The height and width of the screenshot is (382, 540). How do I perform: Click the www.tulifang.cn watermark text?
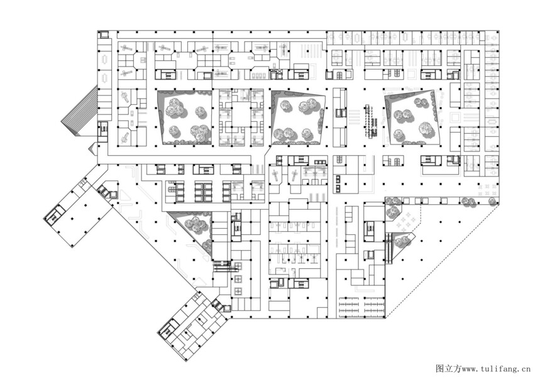[496, 369]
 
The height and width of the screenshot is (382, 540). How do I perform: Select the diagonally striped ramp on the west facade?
[80, 109]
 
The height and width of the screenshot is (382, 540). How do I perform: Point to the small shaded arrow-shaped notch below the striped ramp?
[93, 149]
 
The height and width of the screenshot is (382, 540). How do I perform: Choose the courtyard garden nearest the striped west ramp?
[185, 117]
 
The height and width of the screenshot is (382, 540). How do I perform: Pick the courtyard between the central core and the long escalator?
[298, 117]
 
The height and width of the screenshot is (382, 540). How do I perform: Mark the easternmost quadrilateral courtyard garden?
[413, 117]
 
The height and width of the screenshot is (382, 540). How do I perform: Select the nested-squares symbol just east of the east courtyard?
[455, 116]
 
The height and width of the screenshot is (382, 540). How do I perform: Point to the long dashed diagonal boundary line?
[442, 261]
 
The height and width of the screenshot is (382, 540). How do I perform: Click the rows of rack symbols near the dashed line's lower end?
[361, 306]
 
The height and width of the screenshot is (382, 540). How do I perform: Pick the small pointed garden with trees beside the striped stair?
[404, 244]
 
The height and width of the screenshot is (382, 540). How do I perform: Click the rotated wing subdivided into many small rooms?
[192, 326]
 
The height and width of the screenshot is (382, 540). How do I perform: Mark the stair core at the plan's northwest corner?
[104, 35]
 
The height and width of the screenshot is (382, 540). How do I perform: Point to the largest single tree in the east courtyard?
[426, 128]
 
